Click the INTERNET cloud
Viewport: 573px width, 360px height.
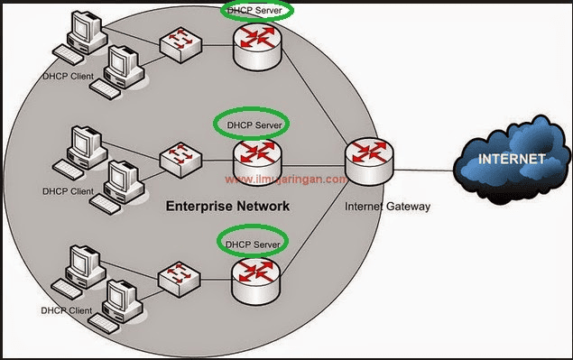[512, 160]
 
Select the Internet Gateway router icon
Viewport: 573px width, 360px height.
[369, 162]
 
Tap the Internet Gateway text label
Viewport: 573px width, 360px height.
[387, 207]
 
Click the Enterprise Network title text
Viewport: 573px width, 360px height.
[227, 206]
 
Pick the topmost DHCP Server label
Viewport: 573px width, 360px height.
[254, 10]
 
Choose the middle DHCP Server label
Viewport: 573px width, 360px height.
[254, 125]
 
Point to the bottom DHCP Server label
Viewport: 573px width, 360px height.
[253, 245]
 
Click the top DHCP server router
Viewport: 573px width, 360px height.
[258, 45]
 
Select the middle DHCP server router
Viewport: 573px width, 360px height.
[258, 162]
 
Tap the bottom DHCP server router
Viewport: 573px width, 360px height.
[255, 281]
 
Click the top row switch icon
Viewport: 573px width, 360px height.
[180, 44]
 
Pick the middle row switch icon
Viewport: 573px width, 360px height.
[180, 160]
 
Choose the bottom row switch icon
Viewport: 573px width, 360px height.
[179, 279]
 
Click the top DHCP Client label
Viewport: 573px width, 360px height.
[68, 77]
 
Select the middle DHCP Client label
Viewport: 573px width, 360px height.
[68, 191]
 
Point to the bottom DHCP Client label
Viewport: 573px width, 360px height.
[67, 310]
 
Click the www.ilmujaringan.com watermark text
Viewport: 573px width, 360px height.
[286, 180]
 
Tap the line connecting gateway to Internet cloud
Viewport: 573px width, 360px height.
[423, 170]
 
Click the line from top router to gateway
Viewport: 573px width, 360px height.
[315, 97]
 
